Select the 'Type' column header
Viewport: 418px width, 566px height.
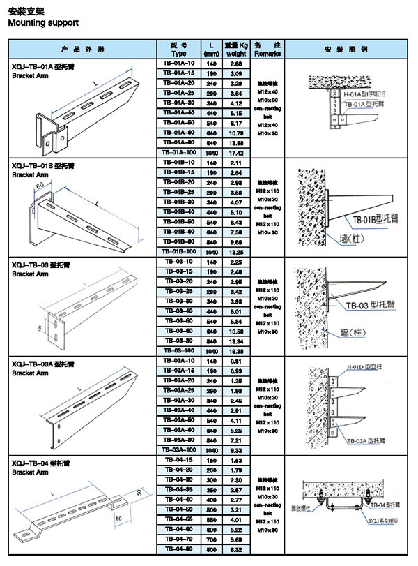(179, 53)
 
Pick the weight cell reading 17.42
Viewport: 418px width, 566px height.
(235, 152)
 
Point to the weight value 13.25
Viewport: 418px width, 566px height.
(235, 251)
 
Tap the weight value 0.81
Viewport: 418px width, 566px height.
(235, 361)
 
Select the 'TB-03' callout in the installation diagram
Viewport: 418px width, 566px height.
(359, 305)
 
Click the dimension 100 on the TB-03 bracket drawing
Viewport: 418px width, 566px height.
(40, 327)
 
